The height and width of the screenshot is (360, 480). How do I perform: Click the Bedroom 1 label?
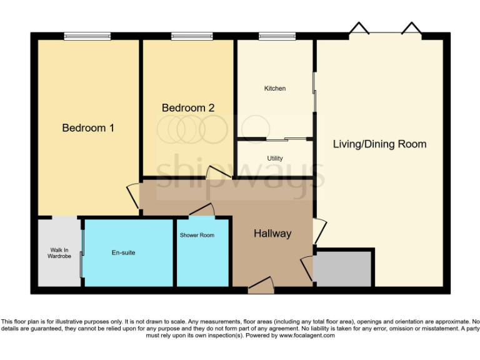coord(88,128)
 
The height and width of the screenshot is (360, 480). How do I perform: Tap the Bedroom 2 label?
coord(188,108)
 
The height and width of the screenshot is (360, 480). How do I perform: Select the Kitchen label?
coord(275,89)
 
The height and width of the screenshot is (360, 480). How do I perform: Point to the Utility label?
coord(275,159)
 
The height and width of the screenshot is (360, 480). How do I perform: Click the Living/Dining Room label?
coord(379,144)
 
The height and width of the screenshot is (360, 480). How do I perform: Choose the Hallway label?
coord(272,234)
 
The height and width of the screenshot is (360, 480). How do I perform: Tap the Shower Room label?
coord(197,236)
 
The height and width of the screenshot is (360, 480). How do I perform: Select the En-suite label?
coord(124,252)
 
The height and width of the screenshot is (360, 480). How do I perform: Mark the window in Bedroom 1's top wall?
coord(87,36)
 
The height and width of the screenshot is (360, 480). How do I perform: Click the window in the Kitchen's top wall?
coord(277,36)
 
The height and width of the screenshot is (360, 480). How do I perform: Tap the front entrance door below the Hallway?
coord(261,286)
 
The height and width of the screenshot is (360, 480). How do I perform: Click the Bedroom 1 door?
coord(134,196)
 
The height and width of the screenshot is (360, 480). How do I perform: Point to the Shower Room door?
coord(201,210)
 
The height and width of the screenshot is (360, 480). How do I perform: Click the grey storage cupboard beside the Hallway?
coord(343,268)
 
